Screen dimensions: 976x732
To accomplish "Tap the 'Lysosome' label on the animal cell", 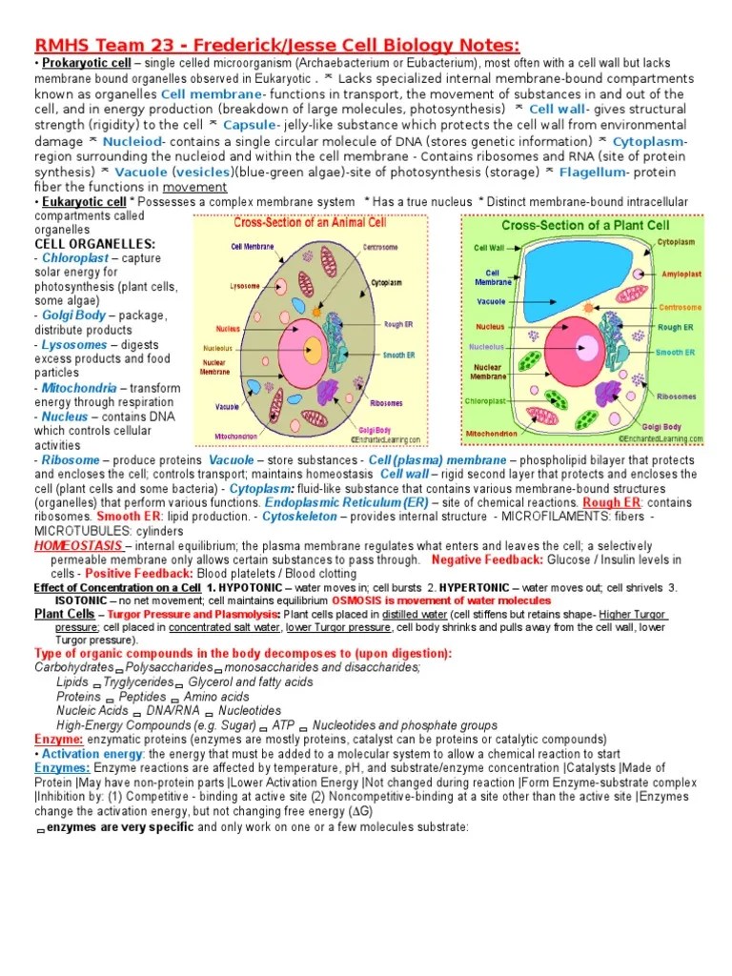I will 245,285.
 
